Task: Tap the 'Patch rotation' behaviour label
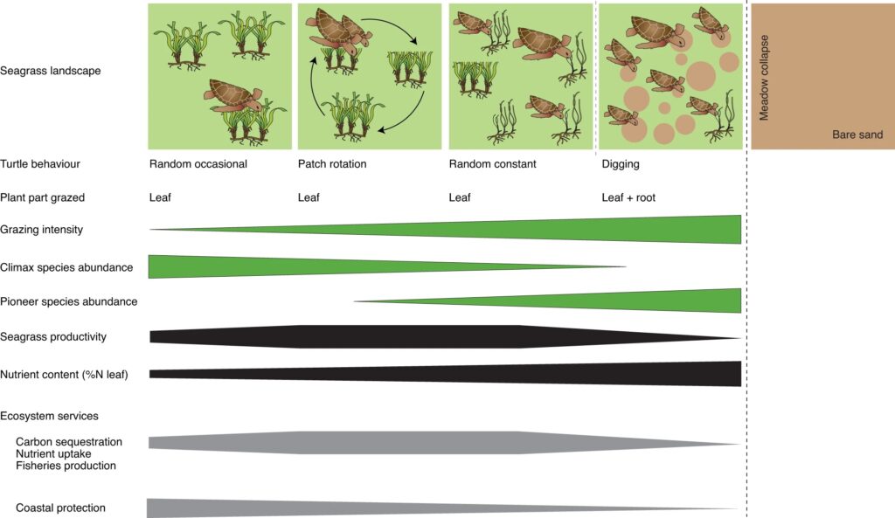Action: click(x=332, y=163)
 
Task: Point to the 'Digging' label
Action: click(x=621, y=163)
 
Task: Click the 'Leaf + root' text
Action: click(x=628, y=197)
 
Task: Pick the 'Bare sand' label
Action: click(x=857, y=135)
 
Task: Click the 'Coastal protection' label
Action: click(x=60, y=508)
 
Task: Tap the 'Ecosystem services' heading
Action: click(x=49, y=416)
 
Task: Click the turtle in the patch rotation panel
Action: click(x=336, y=32)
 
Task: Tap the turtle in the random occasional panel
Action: click(x=234, y=93)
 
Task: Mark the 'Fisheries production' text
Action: click(x=66, y=466)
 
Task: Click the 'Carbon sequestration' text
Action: click(x=69, y=442)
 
